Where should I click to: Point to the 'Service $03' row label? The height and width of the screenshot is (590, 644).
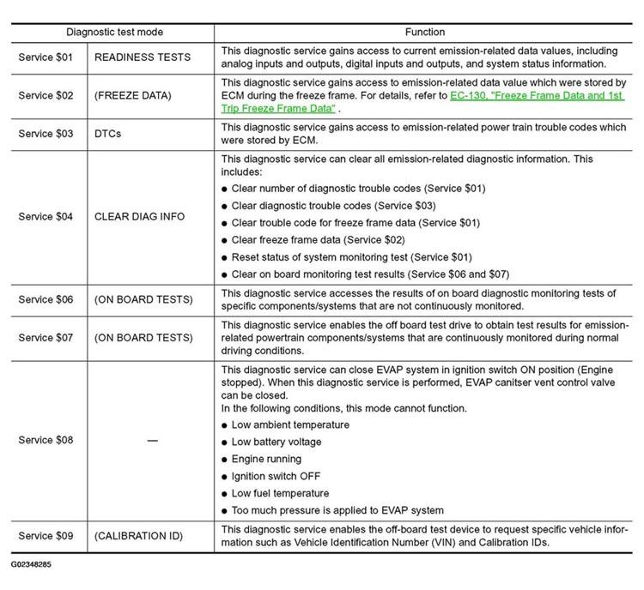pyautogui.click(x=46, y=133)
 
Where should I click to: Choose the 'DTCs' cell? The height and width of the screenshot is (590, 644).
pyautogui.click(x=109, y=133)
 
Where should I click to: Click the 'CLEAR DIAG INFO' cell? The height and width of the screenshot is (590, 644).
pyautogui.click(x=139, y=216)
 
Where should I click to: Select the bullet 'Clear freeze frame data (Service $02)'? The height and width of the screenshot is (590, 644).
pyautogui.click(x=318, y=240)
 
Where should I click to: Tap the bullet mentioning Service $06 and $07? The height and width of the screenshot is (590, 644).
pyautogui.click(x=370, y=274)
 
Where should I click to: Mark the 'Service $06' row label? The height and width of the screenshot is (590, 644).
pyautogui.click(x=46, y=299)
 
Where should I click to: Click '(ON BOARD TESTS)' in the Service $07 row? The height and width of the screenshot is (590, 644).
pyautogui.click(x=143, y=338)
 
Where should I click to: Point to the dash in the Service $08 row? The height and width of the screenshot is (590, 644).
pyautogui.click(x=152, y=440)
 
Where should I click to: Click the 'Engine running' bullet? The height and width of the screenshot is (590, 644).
pyautogui.click(x=266, y=459)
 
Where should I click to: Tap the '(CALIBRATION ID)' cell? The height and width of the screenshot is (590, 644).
pyautogui.click(x=139, y=536)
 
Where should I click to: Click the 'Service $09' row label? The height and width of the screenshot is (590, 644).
pyautogui.click(x=46, y=536)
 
